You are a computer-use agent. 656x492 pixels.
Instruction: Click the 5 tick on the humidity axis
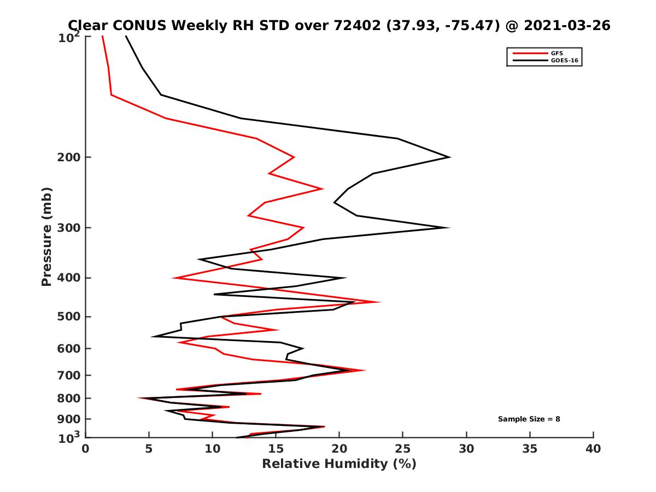click(149, 449)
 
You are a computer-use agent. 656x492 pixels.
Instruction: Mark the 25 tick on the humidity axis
click(402, 449)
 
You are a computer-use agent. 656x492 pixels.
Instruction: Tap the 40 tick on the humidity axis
click(593, 449)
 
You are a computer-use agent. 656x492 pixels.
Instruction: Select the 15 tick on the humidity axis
click(276, 449)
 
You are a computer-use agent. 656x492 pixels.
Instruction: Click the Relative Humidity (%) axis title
click(339, 464)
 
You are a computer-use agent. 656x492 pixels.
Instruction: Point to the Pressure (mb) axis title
click(46, 236)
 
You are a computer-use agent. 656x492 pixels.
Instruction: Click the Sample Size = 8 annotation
click(529, 419)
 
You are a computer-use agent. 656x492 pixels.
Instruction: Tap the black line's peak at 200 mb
click(449, 157)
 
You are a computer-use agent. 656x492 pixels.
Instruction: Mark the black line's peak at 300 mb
click(449, 227)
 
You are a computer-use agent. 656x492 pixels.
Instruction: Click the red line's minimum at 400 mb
click(173, 278)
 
